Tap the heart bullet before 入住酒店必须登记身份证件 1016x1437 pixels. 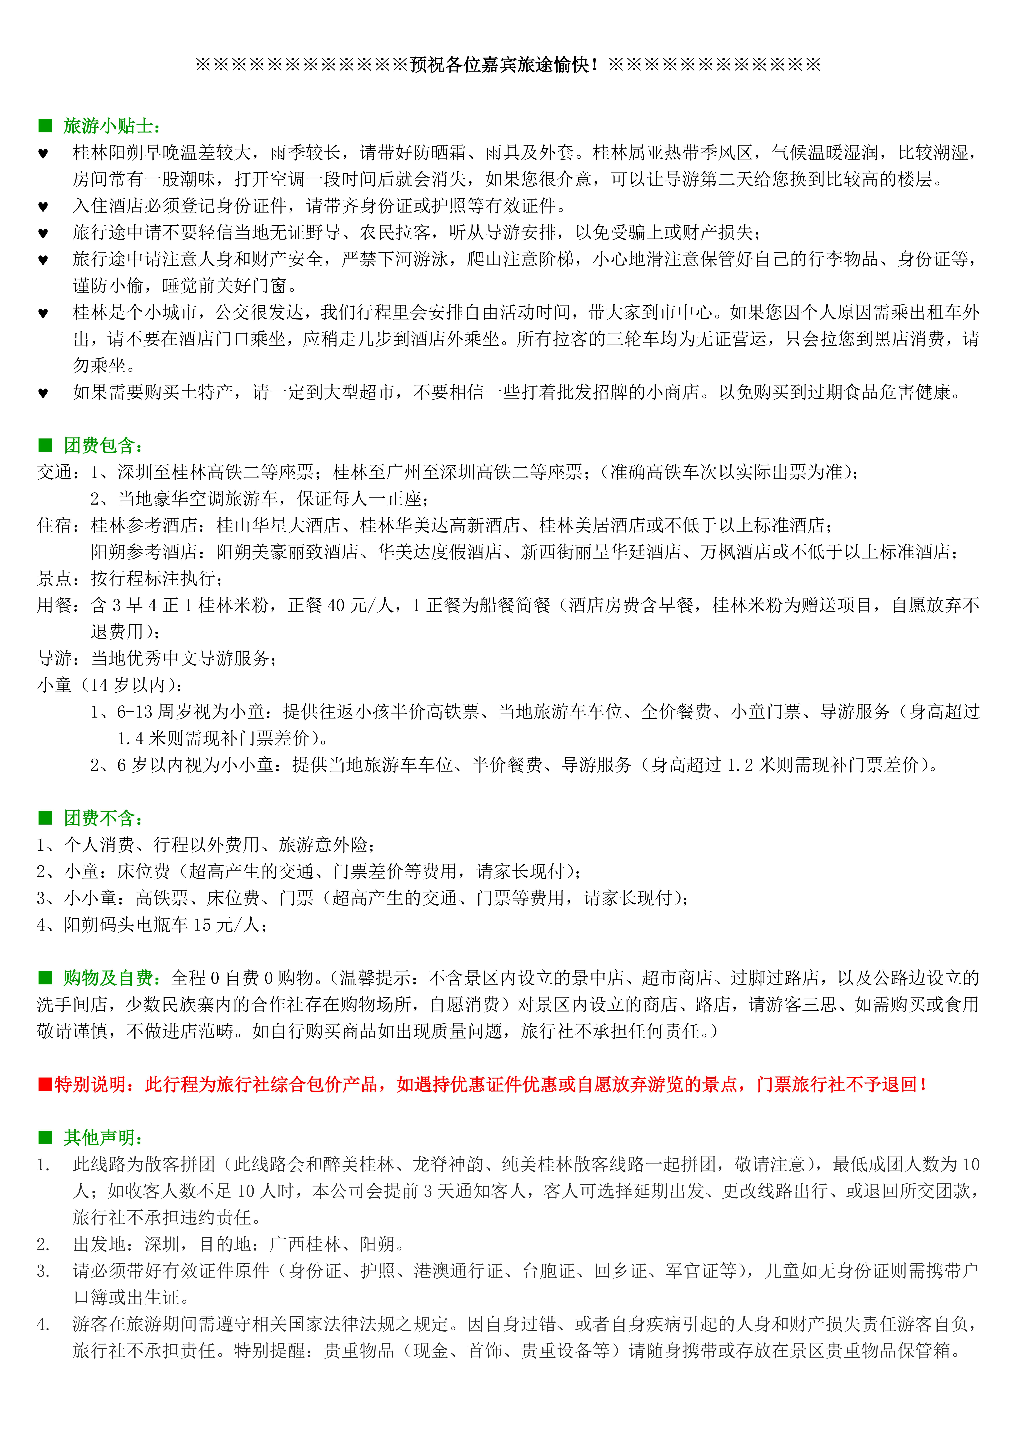tap(43, 207)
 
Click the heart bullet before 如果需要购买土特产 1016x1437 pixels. tap(43, 393)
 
